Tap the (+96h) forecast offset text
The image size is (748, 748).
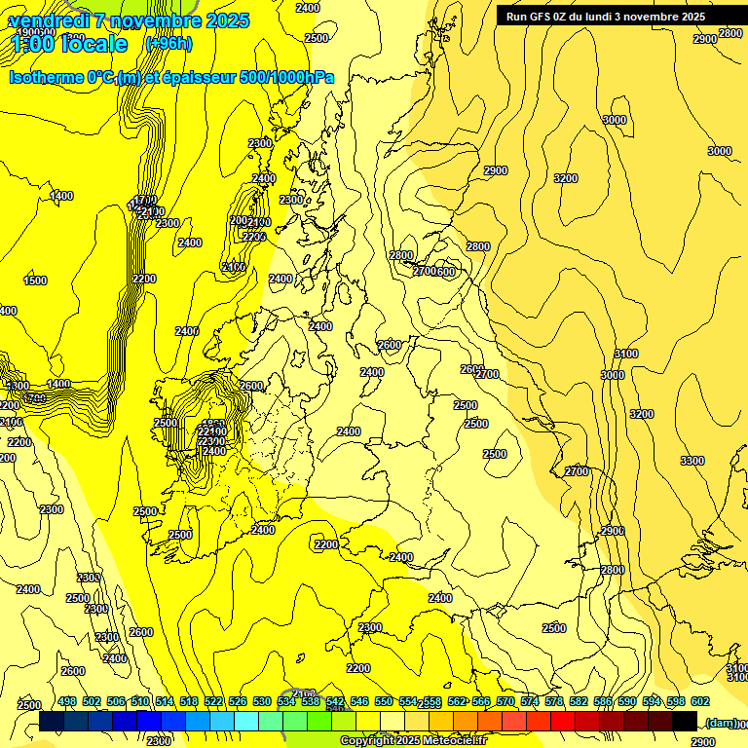tap(168, 44)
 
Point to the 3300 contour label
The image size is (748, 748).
tap(692, 461)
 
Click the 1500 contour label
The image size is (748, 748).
tap(34, 280)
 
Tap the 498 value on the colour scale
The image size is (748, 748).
tap(67, 701)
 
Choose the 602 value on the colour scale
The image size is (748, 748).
tap(700, 701)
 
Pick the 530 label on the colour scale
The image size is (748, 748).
tap(262, 701)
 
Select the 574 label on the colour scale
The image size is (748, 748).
tap(530, 701)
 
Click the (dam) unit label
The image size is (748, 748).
tap(720, 722)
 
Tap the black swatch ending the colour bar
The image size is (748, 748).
tap(685, 722)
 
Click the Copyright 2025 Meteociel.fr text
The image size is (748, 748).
tap(414, 741)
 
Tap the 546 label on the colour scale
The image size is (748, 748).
tap(359, 701)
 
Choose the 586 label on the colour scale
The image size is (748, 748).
tap(603, 701)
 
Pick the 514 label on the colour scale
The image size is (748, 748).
tap(165, 701)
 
